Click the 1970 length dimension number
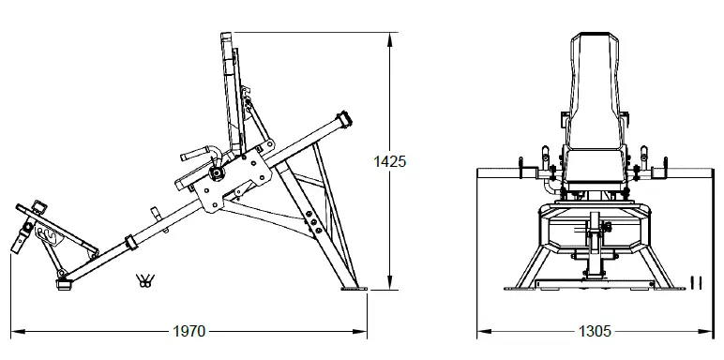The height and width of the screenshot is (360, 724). pos(190,331)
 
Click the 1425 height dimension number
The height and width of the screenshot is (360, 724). pos(389,161)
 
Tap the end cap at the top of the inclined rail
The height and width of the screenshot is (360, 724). pos(345,120)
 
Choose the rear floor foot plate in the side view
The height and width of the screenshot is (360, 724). pos(354,290)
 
